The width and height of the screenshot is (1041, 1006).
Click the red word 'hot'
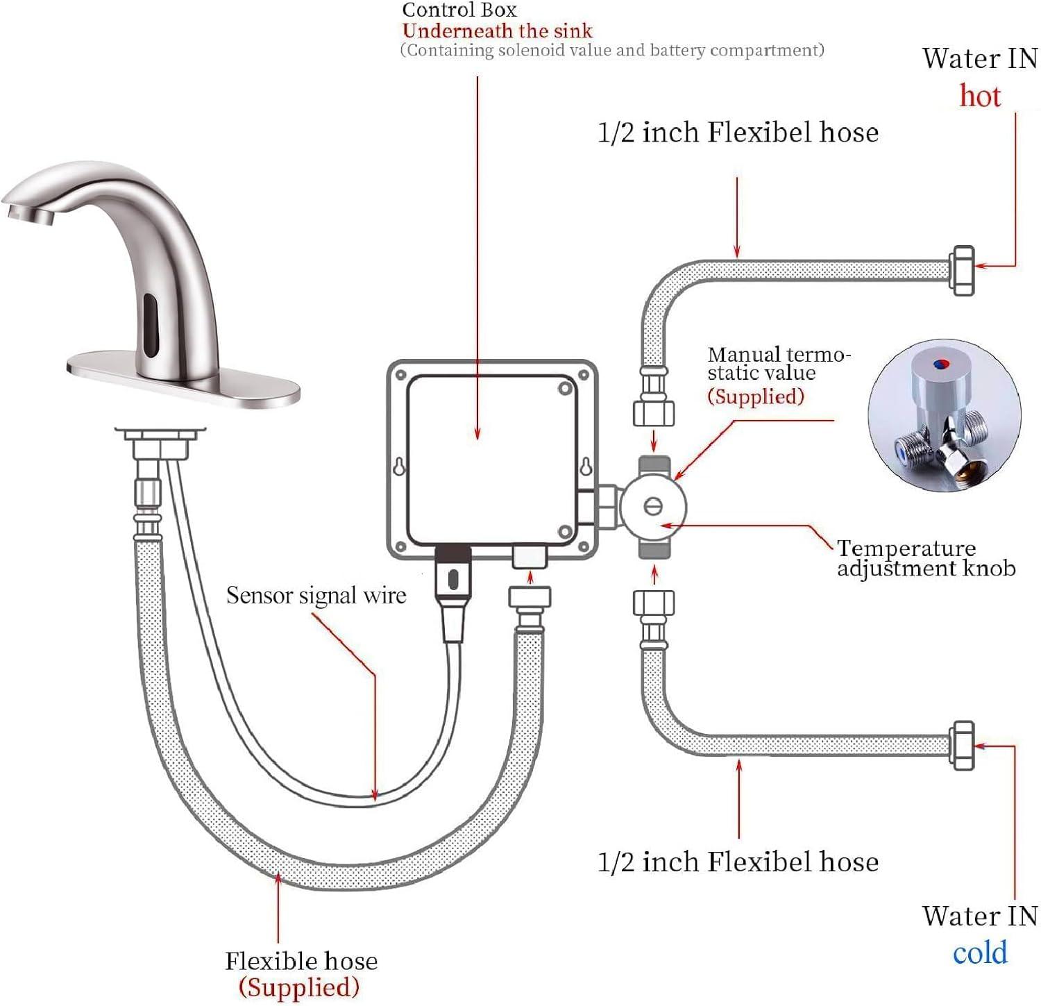[x=979, y=96]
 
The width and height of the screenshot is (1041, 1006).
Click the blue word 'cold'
[x=979, y=953]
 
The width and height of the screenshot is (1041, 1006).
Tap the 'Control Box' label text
[x=459, y=10]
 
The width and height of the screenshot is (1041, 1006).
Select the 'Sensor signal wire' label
[x=316, y=596]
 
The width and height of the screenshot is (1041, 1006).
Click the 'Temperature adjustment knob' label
[x=925, y=558]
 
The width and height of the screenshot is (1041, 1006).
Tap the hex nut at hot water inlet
[x=962, y=270]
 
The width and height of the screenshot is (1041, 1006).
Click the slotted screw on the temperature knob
[x=653, y=506]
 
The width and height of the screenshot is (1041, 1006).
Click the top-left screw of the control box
[x=400, y=375]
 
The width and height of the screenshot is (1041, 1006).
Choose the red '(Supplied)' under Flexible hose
[x=299, y=987]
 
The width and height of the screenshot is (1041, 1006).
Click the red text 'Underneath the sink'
[x=497, y=31]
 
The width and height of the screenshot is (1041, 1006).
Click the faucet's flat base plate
[x=184, y=378]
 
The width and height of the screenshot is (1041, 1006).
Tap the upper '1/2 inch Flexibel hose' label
[x=738, y=132]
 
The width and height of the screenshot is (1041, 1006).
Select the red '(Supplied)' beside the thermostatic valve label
[x=756, y=396]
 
